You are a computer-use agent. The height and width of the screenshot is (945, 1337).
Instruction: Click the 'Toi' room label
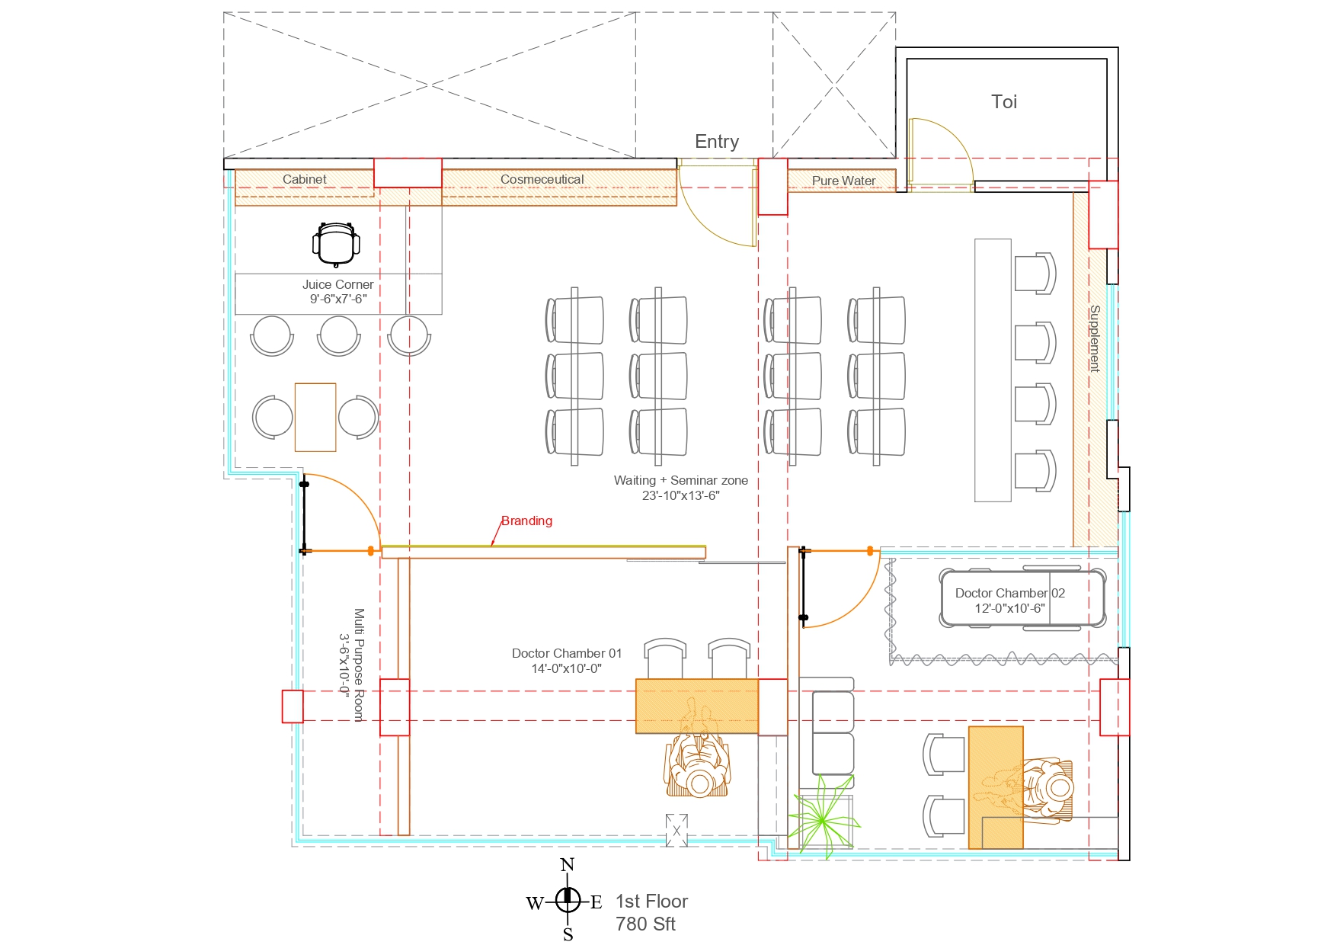tap(1003, 102)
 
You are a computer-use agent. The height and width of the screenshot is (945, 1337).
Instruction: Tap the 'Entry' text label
tap(716, 142)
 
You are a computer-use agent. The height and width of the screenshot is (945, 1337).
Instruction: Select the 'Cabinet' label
tap(304, 179)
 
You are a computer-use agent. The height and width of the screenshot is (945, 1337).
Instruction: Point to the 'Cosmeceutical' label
tap(542, 179)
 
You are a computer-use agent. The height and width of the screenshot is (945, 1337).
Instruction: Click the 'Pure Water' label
tap(843, 181)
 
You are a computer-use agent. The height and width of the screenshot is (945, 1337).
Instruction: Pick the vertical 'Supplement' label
tap(1095, 338)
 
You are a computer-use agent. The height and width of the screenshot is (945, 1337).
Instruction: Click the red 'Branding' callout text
tap(526, 521)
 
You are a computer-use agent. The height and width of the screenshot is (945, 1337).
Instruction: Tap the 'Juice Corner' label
tap(337, 284)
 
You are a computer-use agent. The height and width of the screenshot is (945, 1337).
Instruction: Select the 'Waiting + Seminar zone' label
tap(680, 481)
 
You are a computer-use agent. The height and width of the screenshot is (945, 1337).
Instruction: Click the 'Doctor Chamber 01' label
tap(566, 653)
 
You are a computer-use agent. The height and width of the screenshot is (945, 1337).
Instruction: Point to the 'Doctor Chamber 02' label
tap(1009, 593)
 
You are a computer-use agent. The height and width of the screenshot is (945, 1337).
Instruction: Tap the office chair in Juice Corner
tap(336, 243)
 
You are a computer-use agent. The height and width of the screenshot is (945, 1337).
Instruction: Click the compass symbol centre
tap(568, 900)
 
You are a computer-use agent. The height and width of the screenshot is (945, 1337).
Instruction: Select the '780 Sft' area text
tap(645, 924)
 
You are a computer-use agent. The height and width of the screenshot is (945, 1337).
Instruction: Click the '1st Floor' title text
tap(651, 902)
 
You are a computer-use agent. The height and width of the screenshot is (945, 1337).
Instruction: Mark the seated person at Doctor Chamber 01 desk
tap(698, 766)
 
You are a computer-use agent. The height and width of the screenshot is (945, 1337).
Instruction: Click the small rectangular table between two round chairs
tap(315, 417)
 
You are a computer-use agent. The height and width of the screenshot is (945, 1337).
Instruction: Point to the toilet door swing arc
tap(945, 145)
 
